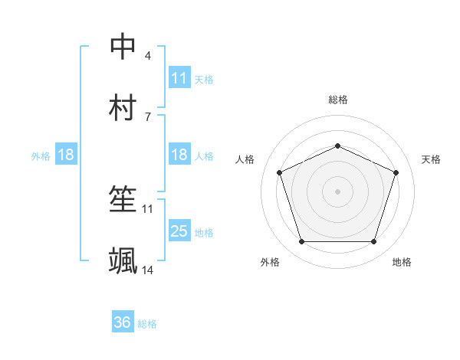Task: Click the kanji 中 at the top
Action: [x=123, y=47]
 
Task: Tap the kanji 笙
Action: [x=123, y=200]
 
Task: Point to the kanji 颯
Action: [x=123, y=261]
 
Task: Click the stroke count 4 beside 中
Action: [x=147, y=56]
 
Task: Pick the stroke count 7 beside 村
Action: [x=147, y=116]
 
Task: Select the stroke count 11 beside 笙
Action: [x=148, y=208]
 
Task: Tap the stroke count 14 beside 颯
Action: [x=148, y=270]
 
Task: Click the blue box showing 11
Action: [x=179, y=78]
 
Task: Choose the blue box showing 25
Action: [x=179, y=231]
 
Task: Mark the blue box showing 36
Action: [x=123, y=322]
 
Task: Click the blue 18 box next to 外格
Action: [x=66, y=155]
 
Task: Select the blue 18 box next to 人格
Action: [x=179, y=155]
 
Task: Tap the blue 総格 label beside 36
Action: [x=147, y=324]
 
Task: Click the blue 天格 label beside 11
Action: [x=204, y=79]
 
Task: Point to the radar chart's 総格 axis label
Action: [x=337, y=100]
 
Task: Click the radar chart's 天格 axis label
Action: [x=431, y=159]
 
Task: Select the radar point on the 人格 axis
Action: [x=280, y=172]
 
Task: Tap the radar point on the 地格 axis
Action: [x=373, y=241]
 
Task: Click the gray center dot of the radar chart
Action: [x=337, y=191]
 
